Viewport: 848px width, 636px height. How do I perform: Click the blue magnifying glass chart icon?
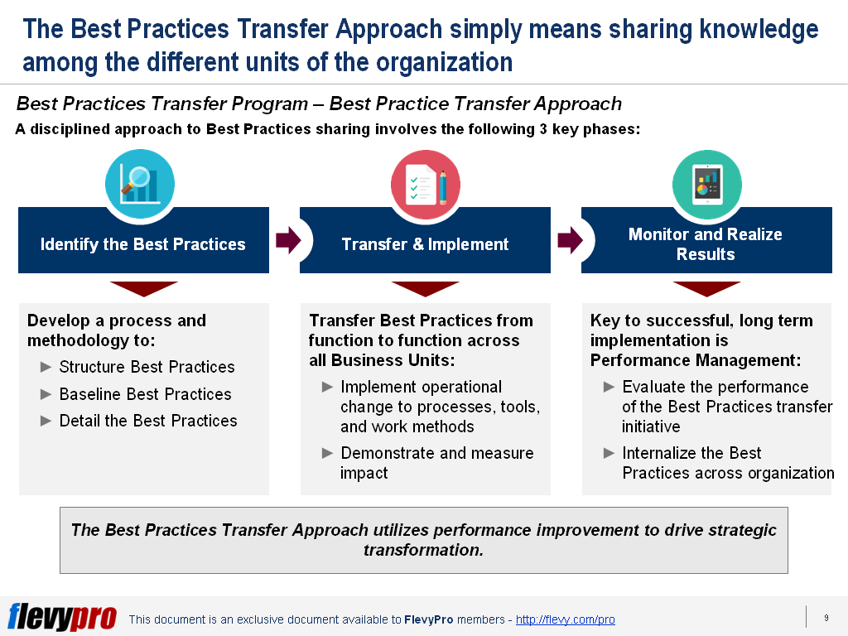click(x=139, y=185)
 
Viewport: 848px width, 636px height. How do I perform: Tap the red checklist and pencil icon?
click(x=425, y=185)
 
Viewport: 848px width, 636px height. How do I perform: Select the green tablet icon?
click(x=706, y=185)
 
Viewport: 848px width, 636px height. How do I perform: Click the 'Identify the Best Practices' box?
click(x=143, y=244)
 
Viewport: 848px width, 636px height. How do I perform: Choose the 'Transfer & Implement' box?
click(x=425, y=244)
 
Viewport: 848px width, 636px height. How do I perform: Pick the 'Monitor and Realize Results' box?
click(x=706, y=244)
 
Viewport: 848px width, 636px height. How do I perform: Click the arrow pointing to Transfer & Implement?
click(x=287, y=241)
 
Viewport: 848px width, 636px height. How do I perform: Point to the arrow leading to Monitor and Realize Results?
click(x=570, y=241)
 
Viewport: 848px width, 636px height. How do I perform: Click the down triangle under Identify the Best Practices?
click(x=143, y=288)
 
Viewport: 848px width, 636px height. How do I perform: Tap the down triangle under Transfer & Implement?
click(x=425, y=288)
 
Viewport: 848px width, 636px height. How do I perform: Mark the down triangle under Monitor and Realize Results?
click(x=706, y=288)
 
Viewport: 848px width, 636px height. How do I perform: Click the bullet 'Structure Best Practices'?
click(x=147, y=367)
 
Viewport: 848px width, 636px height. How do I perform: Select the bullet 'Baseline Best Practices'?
click(x=145, y=394)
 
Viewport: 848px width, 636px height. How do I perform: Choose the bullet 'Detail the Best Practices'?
click(x=148, y=421)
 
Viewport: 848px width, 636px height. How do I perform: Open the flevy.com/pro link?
click(x=565, y=619)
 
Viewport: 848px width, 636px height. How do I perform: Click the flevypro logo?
click(x=62, y=617)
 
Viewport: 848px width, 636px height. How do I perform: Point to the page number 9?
click(x=826, y=618)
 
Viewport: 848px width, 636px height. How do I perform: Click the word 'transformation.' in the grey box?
click(x=423, y=550)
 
